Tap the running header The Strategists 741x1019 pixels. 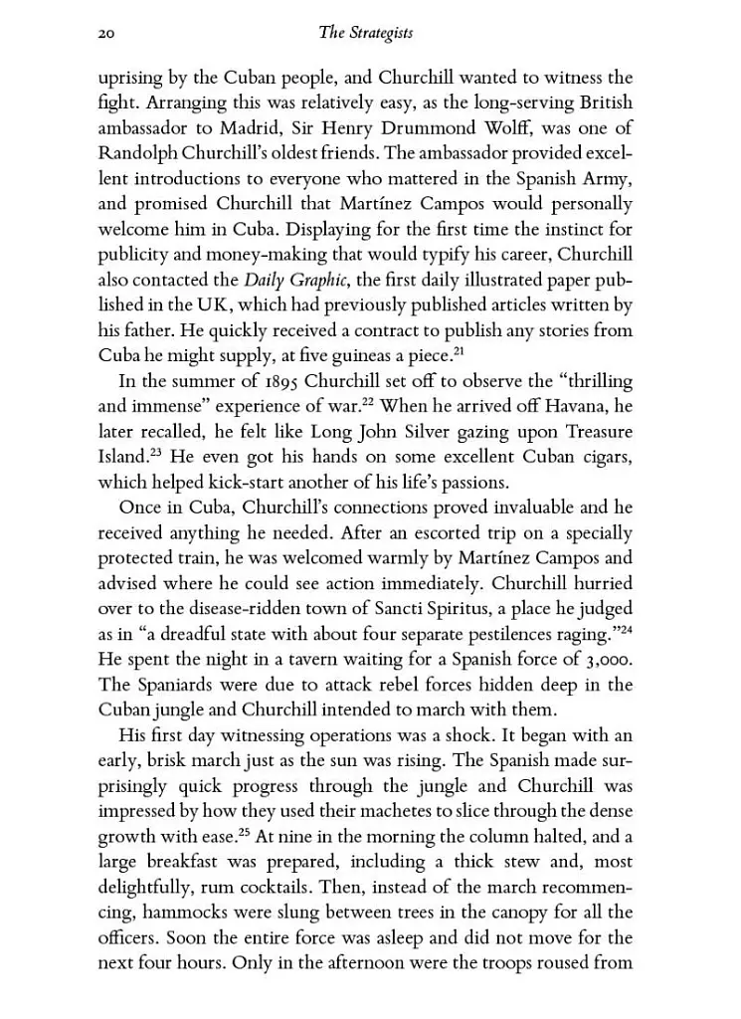(x=365, y=34)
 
